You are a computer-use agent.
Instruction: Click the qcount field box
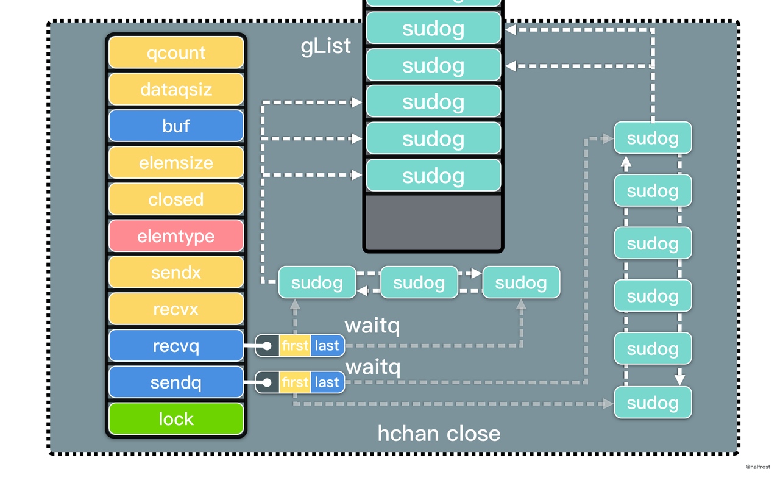click(176, 52)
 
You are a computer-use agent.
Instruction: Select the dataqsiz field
click(176, 89)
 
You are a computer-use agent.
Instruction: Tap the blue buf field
click(176, 126)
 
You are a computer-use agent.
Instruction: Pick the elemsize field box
click(176, 163)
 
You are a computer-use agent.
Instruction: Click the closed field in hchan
click(176, 199)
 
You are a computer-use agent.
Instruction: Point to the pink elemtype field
click(176, 236)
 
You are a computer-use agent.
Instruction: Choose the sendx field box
click(176, 272)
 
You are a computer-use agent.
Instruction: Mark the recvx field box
click(176, 309)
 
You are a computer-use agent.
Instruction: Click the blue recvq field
click(176, 346)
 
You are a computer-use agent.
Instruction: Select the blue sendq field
click(176, 382)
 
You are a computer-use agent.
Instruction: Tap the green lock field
click(176, 419)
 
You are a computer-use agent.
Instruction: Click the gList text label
click(326, 46)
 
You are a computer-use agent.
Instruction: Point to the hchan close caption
click(439, 434)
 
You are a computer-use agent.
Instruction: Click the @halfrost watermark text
click(757, 467)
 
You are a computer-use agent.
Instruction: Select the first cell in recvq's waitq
click(295, 346)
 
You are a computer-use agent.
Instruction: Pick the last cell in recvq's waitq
click(327, 346)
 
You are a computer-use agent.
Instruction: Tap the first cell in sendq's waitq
click(295, 382)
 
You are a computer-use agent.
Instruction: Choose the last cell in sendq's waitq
click(327, 382)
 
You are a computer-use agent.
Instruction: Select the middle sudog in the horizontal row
click(419, 282)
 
